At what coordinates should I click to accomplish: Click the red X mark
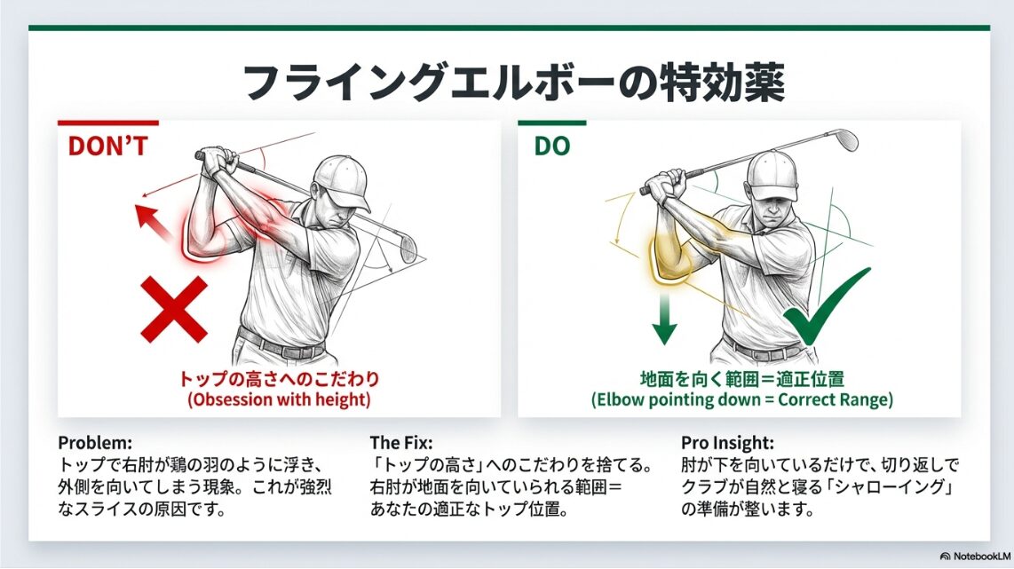pos(174,310)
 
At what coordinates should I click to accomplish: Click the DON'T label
pos(108,146)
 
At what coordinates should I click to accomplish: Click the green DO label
pos(551,146)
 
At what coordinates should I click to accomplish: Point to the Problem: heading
pos(95,443)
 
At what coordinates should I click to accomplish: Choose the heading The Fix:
pos(401,443)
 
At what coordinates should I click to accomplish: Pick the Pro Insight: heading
pos(727,443)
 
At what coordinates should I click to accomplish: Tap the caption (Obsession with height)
pos(280,399)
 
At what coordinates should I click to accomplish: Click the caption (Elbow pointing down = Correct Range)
pos(741,399)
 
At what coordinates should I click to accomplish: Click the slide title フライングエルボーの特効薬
pos(514,83)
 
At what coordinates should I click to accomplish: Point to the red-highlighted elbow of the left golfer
pos(202,237)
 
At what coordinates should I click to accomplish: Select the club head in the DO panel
pos(844,139)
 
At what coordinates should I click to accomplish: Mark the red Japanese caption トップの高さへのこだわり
pos(280,379)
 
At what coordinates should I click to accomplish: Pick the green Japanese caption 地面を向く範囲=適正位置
pos(741,379)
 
